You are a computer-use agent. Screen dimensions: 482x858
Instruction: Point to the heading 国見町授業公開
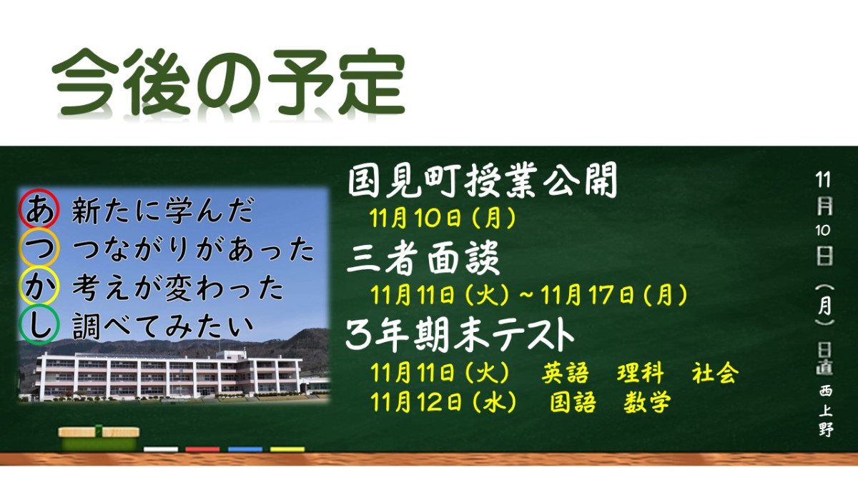pyautogui.click(x=482, y=183)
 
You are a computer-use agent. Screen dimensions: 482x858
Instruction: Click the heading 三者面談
pyautogui.click(x=423, y=258)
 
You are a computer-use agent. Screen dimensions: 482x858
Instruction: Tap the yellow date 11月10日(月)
pyautogui.click(x=443, y=217)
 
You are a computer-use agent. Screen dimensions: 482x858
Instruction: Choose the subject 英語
pyautogui.click(x=565, y=373)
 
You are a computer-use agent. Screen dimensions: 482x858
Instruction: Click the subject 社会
pyautogui.click(x=714, y=373)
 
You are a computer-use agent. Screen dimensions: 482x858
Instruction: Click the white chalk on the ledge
pyautogui.click(x=161, y=449)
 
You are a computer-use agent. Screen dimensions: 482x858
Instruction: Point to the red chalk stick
pyautogui.click(x=202, y=449)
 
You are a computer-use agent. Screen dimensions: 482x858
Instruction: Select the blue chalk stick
pyautogui.click(x=245, y=449)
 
